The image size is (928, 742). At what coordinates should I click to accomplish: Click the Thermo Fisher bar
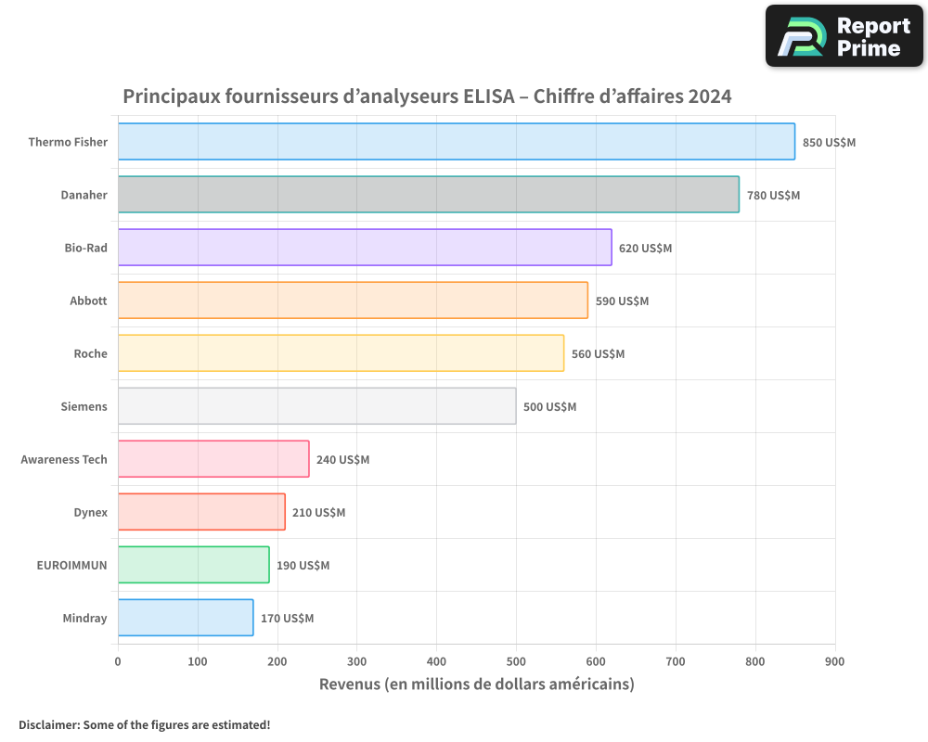(456, 142)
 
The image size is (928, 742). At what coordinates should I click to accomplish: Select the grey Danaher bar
(428, 195)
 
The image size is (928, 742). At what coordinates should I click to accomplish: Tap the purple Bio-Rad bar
(364, 248)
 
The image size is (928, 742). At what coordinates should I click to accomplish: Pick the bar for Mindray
(185, 618)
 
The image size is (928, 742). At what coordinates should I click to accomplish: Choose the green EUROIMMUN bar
(193, 565)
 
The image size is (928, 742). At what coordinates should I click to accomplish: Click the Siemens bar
(316, 406)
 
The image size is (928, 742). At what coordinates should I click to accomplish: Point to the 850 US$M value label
(829, 143)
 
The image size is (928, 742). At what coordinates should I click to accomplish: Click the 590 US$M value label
(622, 301)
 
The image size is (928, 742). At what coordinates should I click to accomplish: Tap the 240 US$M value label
(342, 460)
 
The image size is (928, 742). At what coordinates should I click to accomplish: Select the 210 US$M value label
(318, 513)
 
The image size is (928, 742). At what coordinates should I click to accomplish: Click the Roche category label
(91, 353)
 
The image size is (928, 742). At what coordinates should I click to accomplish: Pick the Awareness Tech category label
(64, 459)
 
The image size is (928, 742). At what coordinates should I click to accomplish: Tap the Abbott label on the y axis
(88, 301)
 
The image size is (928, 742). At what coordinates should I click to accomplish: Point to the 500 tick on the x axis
(516, 661)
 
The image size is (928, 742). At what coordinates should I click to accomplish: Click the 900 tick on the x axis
(835, 661)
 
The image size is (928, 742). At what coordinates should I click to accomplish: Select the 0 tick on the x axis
(118, 661)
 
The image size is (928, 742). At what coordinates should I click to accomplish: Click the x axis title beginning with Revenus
(476, 684)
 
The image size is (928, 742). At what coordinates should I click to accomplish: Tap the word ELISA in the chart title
(488, 96)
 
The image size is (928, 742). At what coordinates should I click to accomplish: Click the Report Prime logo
(844, 36)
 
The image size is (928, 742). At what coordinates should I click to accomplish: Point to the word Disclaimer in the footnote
(48, 724)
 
